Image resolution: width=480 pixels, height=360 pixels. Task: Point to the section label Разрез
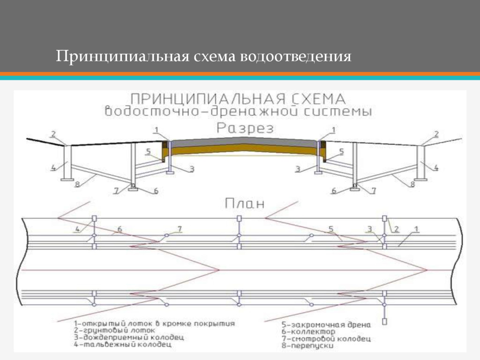click(x=245, y=128)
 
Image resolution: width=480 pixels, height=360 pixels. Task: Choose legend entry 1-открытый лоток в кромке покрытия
click(x=154, y=323)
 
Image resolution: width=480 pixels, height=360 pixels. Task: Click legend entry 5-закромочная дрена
click(x=326, y=324)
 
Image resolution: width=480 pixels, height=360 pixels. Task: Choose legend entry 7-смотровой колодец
click(x=326, y=338)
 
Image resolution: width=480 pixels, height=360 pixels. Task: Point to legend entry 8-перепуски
click(x=307, y=345)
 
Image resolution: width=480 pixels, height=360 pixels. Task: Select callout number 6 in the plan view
click(x=120, y=229)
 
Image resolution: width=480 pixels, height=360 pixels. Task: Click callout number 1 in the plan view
click(x=415, y=229)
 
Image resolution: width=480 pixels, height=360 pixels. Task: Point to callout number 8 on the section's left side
click(x=77, y=184)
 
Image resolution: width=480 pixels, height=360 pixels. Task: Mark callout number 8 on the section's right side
click(x=412, y=184)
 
